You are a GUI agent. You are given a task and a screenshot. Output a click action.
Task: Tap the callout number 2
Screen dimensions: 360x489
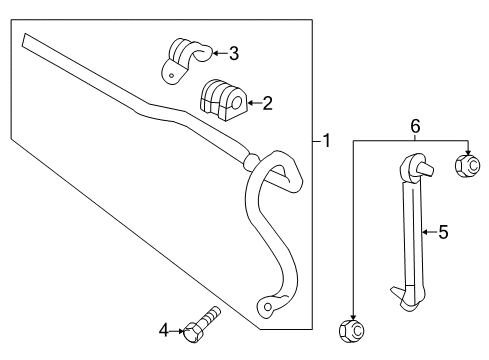(267, 101)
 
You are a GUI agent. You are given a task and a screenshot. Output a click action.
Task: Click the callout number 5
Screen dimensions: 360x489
(443, 233)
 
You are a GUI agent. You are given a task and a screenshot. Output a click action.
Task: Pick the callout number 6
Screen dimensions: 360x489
(414, 125)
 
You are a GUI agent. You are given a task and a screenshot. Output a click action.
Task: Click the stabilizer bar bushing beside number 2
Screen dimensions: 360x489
(223, 97)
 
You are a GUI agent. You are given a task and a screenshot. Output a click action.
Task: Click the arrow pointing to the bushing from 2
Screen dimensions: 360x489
(252, 101)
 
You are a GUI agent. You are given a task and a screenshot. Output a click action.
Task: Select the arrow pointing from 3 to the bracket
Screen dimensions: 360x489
(218, 54)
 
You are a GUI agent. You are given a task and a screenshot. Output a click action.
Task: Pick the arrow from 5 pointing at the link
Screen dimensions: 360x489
(428, 233)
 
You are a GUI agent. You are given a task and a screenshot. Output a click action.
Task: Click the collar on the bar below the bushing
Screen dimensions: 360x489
(250, 158)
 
